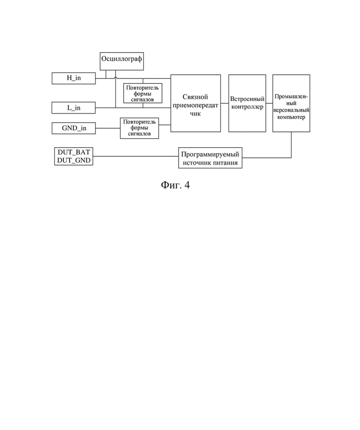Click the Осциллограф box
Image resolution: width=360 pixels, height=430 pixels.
[121, 61]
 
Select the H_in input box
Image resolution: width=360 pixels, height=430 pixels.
[73, 78]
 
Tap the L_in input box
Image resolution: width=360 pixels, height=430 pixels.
[73, 108]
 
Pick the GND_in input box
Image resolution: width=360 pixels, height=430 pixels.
[73, 128]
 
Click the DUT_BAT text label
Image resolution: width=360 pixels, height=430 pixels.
[74, 152]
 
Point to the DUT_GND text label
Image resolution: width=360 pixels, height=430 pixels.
[74, 161]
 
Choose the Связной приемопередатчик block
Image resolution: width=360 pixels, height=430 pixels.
[196, 103]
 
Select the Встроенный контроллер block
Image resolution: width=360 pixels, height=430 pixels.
[247, 103]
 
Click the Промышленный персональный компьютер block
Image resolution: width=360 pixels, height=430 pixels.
[291, 103]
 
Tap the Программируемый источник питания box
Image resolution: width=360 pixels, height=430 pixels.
[210, 158]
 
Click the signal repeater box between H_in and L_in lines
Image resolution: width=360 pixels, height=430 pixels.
[143, 93]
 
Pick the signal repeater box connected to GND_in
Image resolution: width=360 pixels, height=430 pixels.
[139, 128]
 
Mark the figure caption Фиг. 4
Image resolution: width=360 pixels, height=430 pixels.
[175, 185]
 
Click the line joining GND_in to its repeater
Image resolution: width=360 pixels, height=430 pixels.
[108, 128]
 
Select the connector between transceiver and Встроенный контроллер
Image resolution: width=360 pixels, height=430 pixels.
[225, 103]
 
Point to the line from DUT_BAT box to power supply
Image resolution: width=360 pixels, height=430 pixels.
[136, 156]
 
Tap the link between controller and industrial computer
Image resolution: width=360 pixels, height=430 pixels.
[269, 103]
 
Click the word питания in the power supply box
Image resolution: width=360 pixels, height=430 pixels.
[227, 163]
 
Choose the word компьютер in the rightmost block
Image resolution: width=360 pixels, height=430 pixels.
[291, 117]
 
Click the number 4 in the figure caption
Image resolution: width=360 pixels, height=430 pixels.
[187, 185]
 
